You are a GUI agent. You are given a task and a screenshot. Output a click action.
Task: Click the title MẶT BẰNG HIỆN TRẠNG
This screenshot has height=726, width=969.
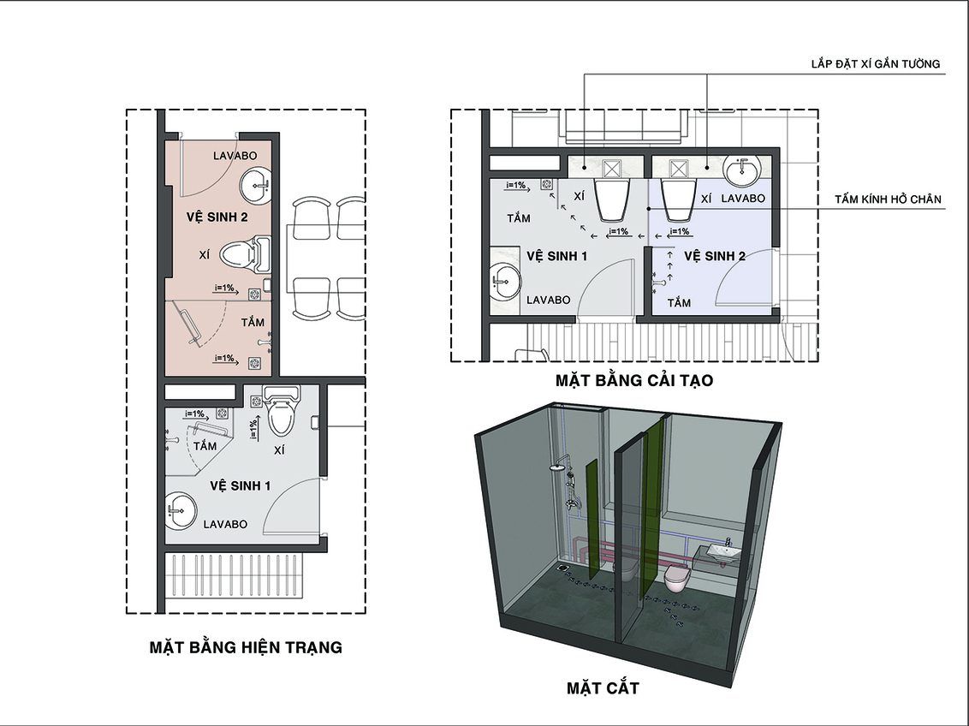(246, 647)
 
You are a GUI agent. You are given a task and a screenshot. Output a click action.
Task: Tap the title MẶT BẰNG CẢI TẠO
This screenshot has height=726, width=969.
(634, 379)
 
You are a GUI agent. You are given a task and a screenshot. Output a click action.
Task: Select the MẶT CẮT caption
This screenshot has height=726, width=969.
(603, 687)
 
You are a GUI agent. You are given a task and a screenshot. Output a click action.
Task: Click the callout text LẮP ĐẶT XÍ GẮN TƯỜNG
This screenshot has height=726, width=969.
(876, 63)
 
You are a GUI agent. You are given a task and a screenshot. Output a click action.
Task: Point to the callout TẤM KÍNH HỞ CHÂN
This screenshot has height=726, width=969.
(888, 199)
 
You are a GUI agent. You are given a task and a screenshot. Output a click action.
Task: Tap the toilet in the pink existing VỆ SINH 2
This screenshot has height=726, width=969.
(245, 254)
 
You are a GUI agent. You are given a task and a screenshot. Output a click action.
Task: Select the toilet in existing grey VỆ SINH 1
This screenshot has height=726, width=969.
(281, 409)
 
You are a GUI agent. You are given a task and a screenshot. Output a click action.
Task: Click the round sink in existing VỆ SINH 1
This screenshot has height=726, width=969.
(181, 510)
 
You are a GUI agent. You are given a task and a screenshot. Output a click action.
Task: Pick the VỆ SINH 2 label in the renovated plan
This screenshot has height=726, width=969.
(715, 256)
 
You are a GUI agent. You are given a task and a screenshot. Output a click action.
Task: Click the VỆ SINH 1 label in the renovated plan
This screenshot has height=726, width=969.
(556, 256)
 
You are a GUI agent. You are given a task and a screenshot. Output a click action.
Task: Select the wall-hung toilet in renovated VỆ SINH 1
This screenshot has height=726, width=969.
(612, 199)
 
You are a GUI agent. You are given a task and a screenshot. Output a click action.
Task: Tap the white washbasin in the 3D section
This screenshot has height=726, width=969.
(723, 552)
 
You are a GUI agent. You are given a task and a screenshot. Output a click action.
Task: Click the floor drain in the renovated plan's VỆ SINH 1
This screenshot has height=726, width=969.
(546, 184)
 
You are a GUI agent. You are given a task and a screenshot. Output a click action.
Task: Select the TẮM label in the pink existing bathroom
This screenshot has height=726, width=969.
(253, 322)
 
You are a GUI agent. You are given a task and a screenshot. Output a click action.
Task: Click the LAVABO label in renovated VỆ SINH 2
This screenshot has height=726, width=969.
(743, 199)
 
